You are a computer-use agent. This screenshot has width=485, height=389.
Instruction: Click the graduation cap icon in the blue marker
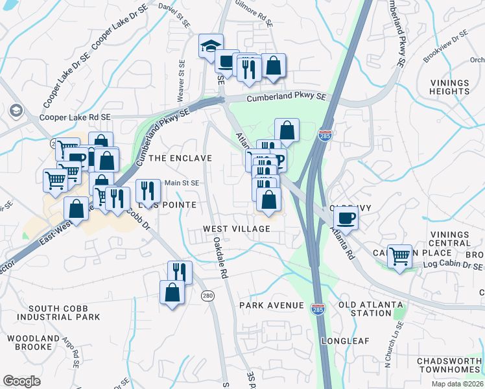click(x=211, y=46)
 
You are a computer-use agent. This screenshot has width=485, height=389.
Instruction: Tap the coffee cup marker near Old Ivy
click(x=347, y=218)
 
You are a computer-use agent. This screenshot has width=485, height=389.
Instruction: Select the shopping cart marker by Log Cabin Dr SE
click(x=399, y=255)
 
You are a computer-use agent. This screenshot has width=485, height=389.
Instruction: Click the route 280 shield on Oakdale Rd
click(x=207, y=296)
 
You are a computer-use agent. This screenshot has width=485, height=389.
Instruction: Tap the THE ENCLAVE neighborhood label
click(x=180, y=158)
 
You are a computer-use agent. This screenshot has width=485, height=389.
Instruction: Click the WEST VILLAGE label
click(x=236, y=229)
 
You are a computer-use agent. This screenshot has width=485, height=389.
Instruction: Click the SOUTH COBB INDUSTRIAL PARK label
click(x=59, y=312)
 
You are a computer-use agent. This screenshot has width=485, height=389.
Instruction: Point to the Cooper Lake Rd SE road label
click(x=75, y=117)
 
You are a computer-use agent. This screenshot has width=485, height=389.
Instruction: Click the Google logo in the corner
click(x=21, y=381)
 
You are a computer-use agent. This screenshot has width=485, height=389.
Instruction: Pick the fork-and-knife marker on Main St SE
click(x=148, y=191)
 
